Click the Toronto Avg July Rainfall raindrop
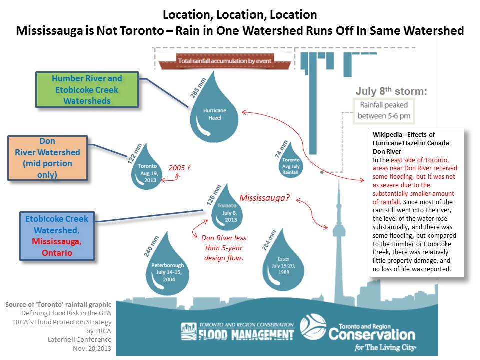291,165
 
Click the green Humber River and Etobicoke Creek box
87,90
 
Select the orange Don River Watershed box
47,158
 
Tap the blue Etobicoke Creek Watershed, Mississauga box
57,236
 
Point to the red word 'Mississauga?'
264,197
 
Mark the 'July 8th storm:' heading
391,92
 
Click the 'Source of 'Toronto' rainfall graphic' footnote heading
58,304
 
